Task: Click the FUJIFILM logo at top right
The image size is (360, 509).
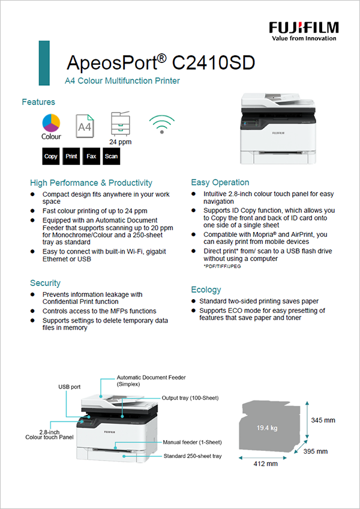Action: pos(304,30)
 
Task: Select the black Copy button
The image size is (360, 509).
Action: pos(51,156)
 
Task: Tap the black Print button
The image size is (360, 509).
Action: pos(71,156)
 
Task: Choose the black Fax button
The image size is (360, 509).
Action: pos(91,156)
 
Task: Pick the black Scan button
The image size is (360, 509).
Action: pos(111,156)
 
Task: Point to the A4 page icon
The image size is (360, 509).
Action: pos(85,127)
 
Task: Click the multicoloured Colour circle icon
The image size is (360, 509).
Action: pos(51,123)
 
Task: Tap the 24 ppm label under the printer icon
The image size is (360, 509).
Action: pos(120,142)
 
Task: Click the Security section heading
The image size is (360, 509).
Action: pos(46,283)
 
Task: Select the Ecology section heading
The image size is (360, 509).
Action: pos(206,290)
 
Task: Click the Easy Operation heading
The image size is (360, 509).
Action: pos(220,182)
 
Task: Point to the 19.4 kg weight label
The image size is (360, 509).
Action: pos(267,428)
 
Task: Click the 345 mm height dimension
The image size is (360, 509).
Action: pos(323,420)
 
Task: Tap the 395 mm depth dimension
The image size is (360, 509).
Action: pos(316,451)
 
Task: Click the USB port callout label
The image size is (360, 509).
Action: pos(70,387)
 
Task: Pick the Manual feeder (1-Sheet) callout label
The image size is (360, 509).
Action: pos(192,442)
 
